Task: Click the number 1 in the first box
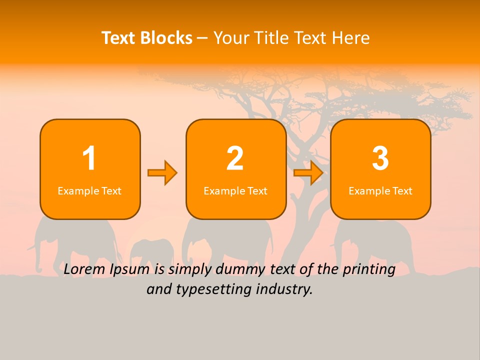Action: [89, 158]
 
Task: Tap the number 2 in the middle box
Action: [235, 158]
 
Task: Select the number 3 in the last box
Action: [380, 158]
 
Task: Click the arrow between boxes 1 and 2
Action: [162, 173]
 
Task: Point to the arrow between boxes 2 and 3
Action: [308, 173]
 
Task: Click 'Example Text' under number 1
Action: [89, 191]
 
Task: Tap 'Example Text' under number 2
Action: [235, 191]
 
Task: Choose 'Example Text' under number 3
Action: [380, 191]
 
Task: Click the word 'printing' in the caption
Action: [368, 270]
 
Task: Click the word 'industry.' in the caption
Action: [290, 289]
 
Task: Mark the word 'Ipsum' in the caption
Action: [131, 270]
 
